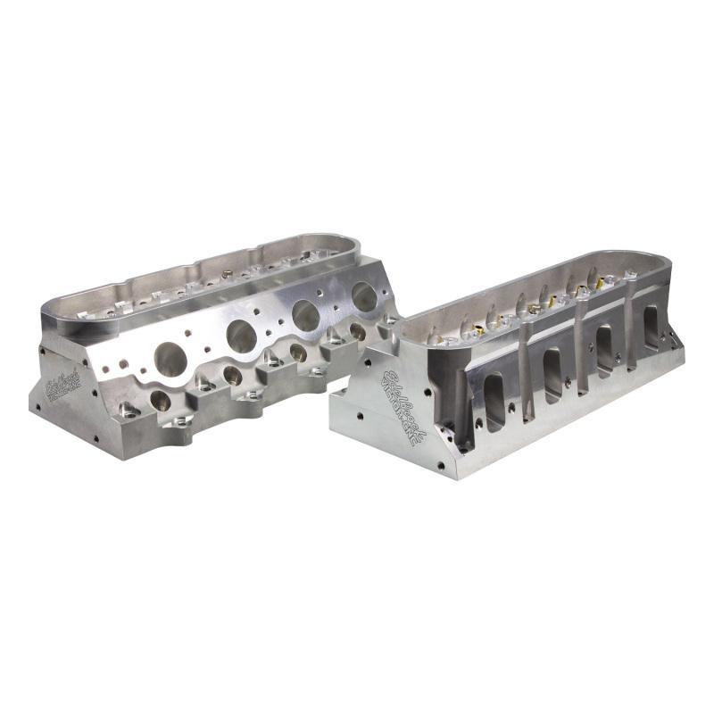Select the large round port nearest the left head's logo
coord(170,358)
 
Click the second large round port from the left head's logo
coord(241,336)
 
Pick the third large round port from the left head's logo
coord(306,315)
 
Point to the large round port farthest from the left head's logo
coord(363,297)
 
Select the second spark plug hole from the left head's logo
coord(231,375)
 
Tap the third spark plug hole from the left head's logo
coord(298,353)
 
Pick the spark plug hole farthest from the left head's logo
coord(357,332)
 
